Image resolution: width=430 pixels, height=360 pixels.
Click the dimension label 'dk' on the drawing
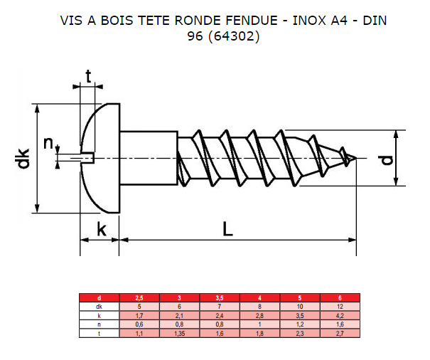pos(23,159)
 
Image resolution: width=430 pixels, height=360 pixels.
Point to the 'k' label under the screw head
pos(102,229)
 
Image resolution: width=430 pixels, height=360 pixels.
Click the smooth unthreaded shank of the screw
pos(147,158)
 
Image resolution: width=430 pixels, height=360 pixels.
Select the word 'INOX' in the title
pos(312,21)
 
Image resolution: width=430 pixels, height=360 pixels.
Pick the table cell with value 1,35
pos(178,332)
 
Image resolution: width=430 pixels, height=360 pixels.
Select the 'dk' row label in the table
pos(99,306)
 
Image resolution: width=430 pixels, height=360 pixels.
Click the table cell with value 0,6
pos(139,324)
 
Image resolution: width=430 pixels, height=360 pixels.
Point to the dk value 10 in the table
pos(299,306)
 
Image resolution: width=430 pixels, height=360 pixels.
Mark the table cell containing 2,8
pos(259,314)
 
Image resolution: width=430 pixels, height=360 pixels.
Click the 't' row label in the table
pos(99,332)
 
